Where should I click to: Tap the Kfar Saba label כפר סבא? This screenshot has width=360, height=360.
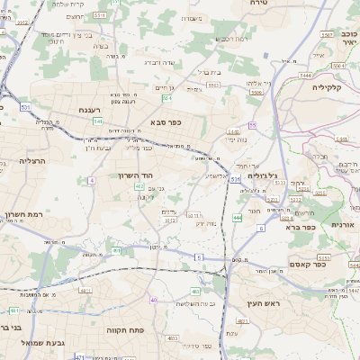(x=167, y=122)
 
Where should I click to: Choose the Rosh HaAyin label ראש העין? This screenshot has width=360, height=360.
(x=262, y=303)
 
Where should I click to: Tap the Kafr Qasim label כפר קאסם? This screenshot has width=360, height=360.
(x=306, y=264)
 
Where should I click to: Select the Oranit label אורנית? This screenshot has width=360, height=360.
(x=343, y=225)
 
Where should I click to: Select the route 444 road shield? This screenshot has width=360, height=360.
(x=237, y=218)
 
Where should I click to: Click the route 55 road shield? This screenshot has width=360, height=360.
(x=253, y=125)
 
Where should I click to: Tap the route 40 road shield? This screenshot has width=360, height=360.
(x=154, y=300)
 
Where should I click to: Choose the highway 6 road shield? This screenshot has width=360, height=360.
(x=261, y=229)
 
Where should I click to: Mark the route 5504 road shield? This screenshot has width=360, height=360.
(x=256, y=92)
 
